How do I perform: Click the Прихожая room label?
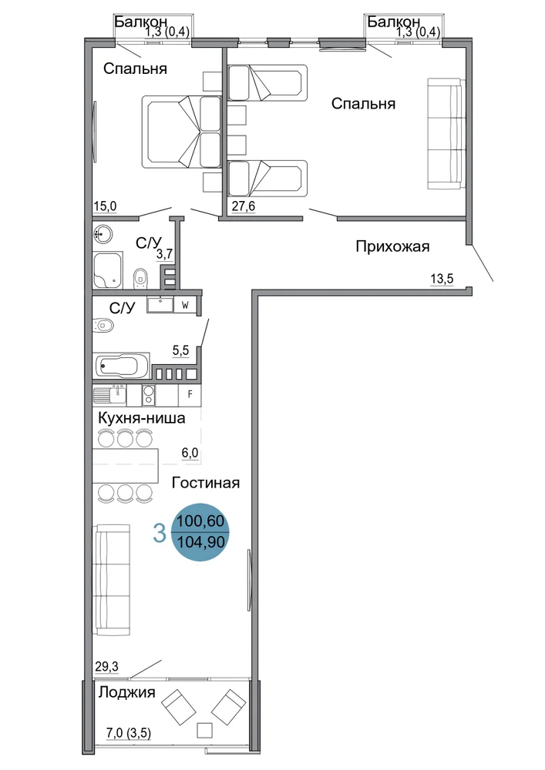(x=392, y=246)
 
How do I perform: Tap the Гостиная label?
(x=206, y=483)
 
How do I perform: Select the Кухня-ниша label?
(x=142, y=418)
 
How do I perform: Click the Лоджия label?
(x=126, y=692)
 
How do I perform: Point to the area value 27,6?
(x=244, y=206)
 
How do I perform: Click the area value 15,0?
(x=105, y=206)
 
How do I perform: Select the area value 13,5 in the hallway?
(x=442, y=279)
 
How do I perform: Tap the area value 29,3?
(x=106, y=667)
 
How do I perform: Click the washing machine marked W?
(x=185, y=305)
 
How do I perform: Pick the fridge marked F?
(x=190, y=394)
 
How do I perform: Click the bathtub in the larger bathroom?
(x=120, y=366)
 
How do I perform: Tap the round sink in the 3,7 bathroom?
(x=103, y=234)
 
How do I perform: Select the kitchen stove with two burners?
(x=149, y=395)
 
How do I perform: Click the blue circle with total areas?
(x=200, y=532)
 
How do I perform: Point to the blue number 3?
(x=160, y=534)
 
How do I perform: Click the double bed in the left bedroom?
(x=181, y=132)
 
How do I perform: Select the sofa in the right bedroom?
(x=446, y=133)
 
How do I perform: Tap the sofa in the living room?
(x=112, y=580)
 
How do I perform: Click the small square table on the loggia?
(x=205, y=730)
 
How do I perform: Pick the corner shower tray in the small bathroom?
(x=108, y=271)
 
